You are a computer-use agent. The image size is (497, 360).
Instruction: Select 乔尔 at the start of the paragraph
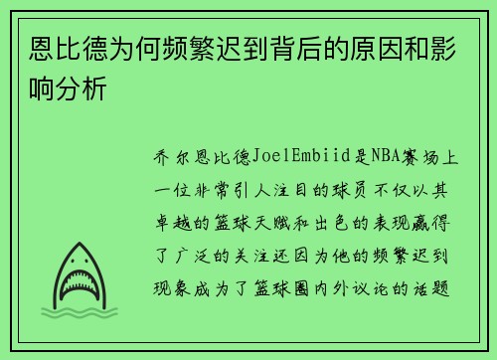[x=171, y=156]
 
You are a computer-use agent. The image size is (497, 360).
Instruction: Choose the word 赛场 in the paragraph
[x=421, y=156]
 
